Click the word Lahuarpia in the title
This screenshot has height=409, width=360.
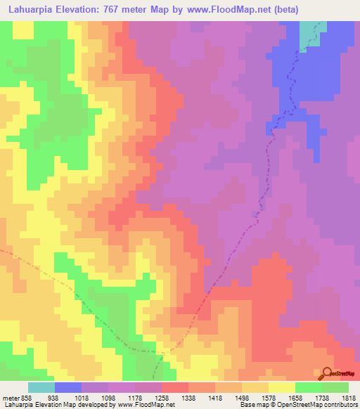coord(32,10)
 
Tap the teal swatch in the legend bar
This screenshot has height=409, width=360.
coord(41,387)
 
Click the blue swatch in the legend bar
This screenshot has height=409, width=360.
coord(68,387)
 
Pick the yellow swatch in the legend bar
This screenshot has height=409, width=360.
coord(281,387)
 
